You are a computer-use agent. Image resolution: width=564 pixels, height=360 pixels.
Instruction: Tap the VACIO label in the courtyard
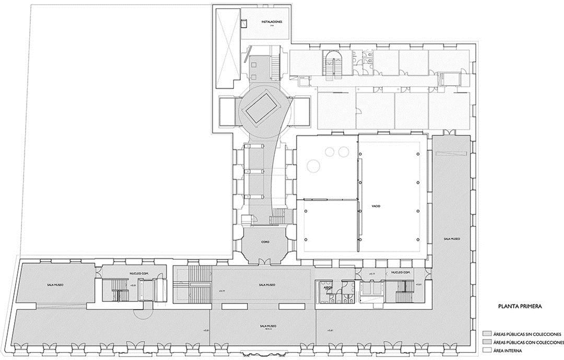coord(376,206)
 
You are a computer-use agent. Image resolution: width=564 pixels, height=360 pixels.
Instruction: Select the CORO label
coord(264,242)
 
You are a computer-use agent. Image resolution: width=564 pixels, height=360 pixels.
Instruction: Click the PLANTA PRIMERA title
coord(517,307)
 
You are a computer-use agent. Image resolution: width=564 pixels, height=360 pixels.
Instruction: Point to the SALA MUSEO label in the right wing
coord(452,239)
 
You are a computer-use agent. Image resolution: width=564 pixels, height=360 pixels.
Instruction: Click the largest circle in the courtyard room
coord(313,166)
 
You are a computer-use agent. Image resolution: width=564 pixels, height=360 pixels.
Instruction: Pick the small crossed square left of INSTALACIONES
coord(243,23)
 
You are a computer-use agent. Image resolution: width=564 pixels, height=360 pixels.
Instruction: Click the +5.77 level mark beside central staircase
coord(221,291)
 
